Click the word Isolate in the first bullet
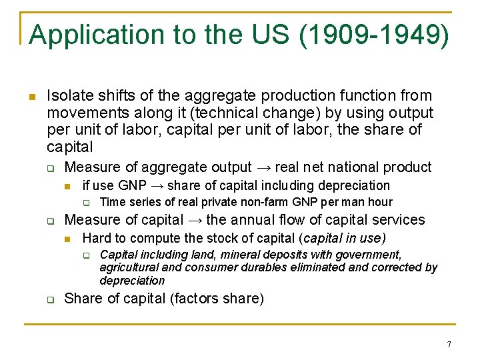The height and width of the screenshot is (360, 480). pos(72,96)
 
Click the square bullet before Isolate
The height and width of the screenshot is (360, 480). pos(31,97)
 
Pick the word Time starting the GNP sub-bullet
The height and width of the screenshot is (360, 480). pos(112,202)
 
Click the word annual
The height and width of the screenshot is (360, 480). pos(253,220)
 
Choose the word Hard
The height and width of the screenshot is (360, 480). pos(96,238)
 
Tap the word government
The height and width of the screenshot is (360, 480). pos(367,255)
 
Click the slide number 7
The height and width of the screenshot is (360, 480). pos(449,345)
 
